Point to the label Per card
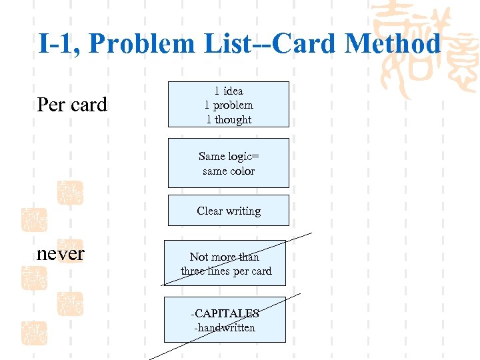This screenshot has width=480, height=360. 72,105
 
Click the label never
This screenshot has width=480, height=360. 61,253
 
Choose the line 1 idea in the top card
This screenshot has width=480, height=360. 229,91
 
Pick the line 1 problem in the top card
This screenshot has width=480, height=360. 229,105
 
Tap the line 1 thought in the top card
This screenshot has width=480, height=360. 229,120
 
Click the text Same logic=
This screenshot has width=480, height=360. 229,156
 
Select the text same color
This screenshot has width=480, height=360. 229,171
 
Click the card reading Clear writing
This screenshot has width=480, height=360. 229,211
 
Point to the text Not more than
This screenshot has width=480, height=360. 225,257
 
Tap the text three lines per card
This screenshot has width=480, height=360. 226,271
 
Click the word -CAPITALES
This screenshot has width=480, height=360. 225,313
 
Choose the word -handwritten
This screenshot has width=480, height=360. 225,327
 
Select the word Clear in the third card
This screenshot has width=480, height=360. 209,211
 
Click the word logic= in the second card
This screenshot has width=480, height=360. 243,156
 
